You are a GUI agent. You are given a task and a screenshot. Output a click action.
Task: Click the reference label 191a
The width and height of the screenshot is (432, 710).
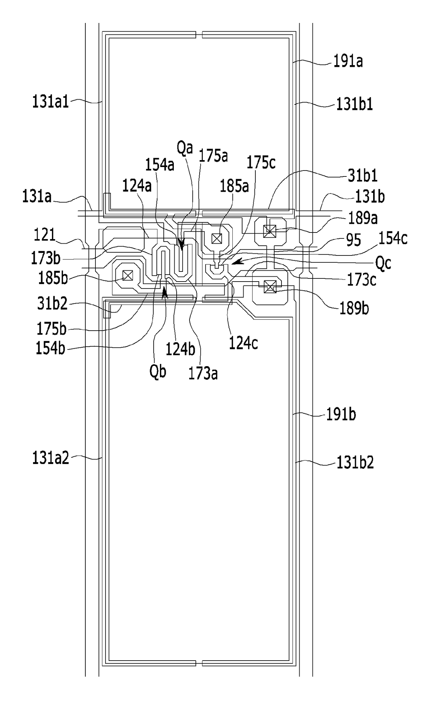click(348, 62)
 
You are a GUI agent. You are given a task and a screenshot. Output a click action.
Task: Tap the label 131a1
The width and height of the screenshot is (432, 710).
click(51, 102)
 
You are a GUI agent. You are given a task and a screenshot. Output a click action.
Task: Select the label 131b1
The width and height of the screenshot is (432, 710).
click(354, 104)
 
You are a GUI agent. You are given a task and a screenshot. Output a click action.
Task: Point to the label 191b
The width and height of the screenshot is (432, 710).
click(341, 415)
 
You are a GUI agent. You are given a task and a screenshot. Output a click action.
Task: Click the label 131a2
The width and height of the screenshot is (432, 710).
click(51, 458)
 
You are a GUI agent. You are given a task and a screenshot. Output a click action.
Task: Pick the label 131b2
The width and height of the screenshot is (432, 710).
click(355, 463)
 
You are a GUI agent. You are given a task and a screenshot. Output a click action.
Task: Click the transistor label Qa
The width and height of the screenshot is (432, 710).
click(185, 148)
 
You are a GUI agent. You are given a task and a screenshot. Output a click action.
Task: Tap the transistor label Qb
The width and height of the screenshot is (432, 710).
click(158, 372)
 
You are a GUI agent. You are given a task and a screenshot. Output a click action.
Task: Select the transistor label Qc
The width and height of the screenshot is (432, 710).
click(383, 263)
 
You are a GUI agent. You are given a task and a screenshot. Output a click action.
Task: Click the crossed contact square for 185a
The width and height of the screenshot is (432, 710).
click(217, 239)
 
